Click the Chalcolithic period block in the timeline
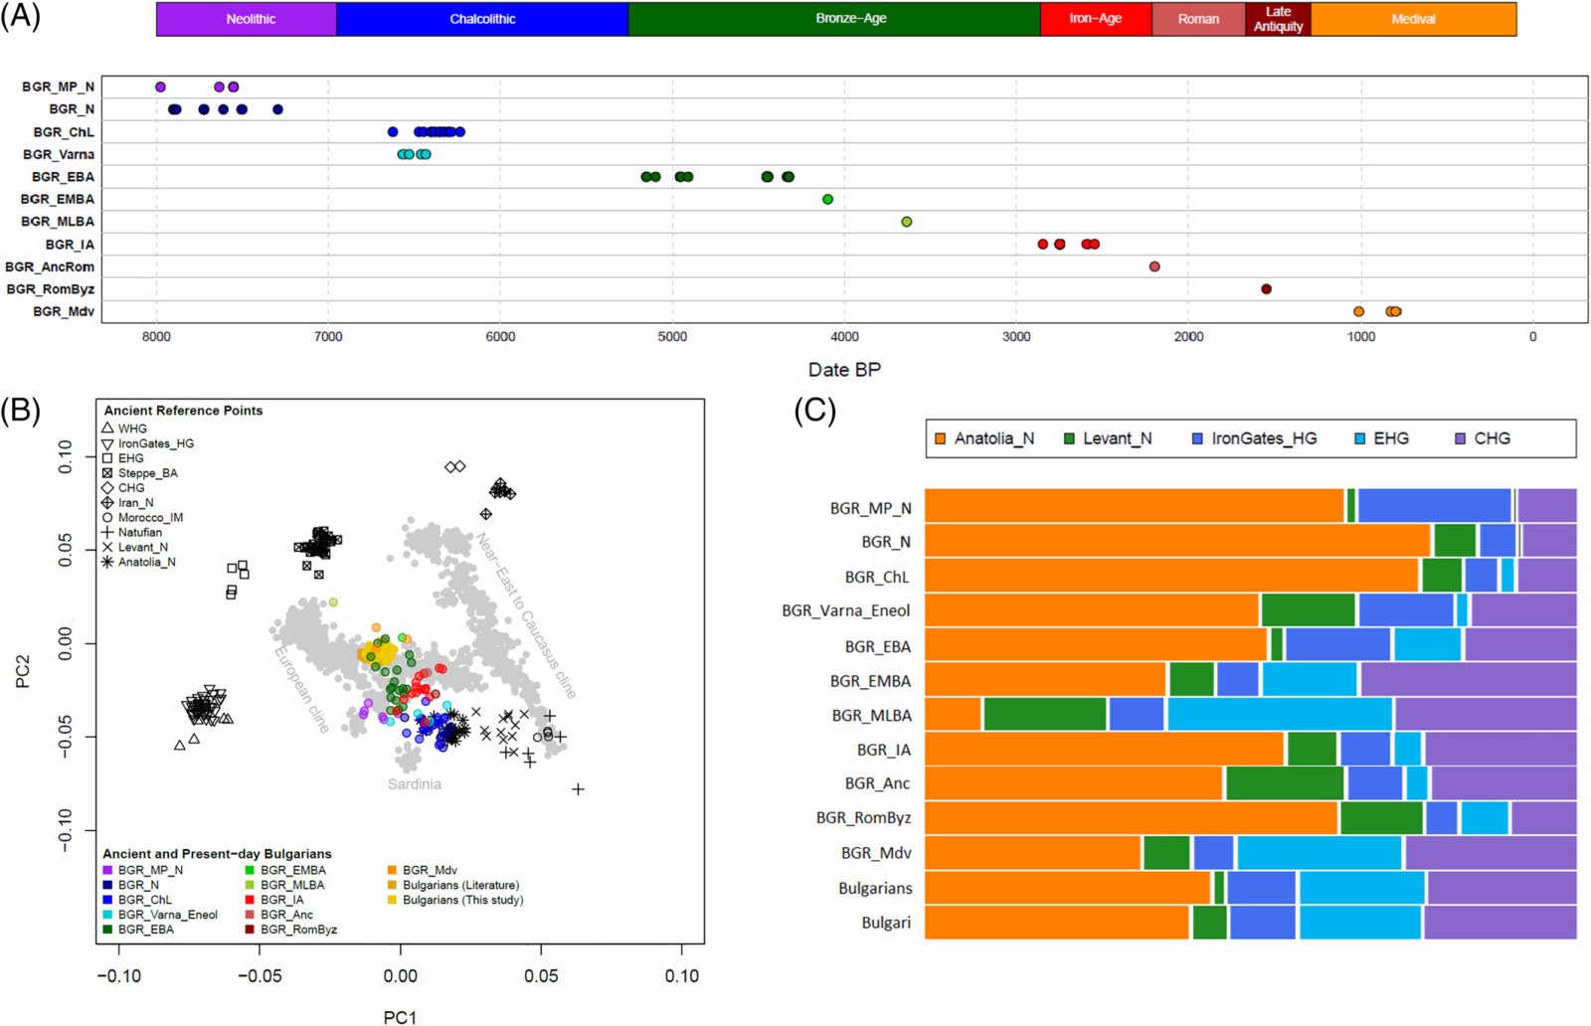point(482,19)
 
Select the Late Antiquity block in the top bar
point(1278,19)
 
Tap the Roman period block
point(1198,19)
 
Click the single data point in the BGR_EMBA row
point(827,200)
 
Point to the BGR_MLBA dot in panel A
point(906,222)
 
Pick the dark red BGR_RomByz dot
point(1266,289)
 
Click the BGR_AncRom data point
point(1154,267)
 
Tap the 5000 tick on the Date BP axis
point(672,337)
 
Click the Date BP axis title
point(844,370)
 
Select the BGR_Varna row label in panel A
point(59,154)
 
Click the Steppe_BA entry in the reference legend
point(140,473)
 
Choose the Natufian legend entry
point(132,533)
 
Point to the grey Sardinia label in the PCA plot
point(414,784)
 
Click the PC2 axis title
point(23,672)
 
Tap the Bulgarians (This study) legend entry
point(455,901)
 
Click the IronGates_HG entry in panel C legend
point(1254,438)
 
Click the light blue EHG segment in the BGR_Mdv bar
point(1319,853)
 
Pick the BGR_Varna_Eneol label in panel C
point(846,611)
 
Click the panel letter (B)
point(20,412)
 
